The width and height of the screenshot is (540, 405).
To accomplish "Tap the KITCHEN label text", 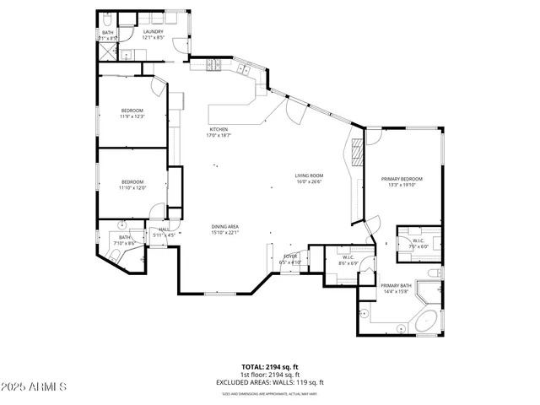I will tap(219, 129).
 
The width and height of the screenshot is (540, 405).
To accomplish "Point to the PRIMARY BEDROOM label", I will tap(402, 179).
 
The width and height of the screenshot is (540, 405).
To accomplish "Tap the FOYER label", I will tap(290, 256).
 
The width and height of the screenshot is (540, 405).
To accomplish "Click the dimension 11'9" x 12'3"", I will tap(132, 116).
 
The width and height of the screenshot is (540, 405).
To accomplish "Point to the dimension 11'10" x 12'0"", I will tap(132, 187).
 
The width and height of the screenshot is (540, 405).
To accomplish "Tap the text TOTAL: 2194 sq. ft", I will tap(270, 367).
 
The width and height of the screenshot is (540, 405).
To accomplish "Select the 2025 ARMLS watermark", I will tap(34, 386).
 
